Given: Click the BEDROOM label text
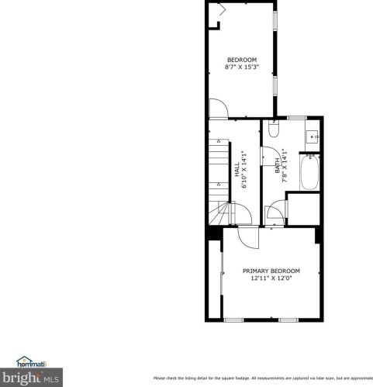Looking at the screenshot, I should point(241,60).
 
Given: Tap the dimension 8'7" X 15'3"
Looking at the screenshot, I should point(241,67).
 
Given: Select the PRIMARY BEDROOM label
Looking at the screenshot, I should point(271,271).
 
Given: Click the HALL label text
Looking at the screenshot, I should point(237,168).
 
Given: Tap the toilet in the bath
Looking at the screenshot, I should point(273,130).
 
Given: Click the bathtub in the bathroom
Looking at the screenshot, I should point(309,174).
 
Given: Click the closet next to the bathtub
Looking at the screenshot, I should point(303,208).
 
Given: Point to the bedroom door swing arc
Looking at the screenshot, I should point(219,111).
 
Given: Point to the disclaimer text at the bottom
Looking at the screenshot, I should point(262,378).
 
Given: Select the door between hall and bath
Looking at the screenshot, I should point(272,213).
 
